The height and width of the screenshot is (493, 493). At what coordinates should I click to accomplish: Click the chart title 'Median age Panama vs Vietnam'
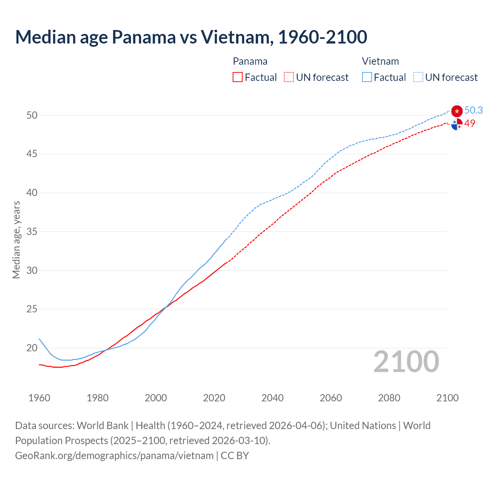[191, 37]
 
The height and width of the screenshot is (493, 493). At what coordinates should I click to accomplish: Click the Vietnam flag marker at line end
[457, 111]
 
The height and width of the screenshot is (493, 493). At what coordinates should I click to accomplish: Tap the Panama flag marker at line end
[457, 124]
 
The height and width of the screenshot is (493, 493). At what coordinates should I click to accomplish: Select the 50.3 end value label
[473, 110]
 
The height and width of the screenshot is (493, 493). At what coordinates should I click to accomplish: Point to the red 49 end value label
[470, 123]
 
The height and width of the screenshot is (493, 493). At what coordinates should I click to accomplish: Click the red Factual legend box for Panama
[238, 77]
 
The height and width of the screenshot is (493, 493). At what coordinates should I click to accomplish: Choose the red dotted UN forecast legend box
[289, 77]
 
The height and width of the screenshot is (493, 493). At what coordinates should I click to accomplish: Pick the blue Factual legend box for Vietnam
[367, 77]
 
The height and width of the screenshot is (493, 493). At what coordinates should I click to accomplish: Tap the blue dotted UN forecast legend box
[418, 77]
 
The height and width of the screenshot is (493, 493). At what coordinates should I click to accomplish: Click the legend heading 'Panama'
[250, 61]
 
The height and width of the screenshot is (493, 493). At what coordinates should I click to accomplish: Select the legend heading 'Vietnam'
[380, 61]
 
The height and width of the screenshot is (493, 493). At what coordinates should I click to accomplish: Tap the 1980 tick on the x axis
[97, 398]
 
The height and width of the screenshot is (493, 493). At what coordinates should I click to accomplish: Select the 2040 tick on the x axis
[272, 398]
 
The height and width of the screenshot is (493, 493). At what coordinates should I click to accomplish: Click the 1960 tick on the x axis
[39, 398]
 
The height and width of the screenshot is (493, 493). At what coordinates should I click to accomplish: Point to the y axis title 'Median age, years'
[16, 240]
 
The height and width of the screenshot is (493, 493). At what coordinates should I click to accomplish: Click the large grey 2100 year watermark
[406, 361]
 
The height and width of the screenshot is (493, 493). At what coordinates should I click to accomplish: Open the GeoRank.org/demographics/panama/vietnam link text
[114, 456]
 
